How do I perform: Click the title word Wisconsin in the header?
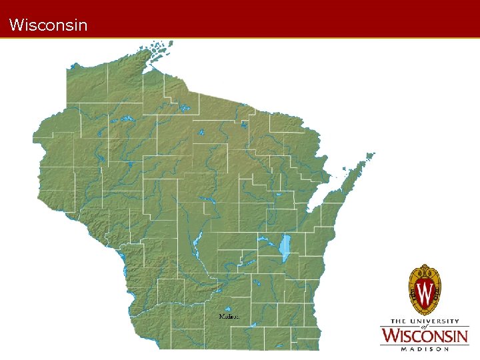click(49, 25)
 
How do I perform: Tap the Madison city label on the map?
click(229, 316)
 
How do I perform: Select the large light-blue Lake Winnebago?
click(286, 247)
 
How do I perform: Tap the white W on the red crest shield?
click(425, 291)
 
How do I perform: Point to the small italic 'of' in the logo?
click(423, 327)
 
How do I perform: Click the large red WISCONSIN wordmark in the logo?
click(424, 336)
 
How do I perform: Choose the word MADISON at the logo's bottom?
click(424, 348)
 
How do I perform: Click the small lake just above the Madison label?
click(228, 309)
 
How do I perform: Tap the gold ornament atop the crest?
click(425, 268)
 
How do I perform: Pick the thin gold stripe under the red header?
click(240, 38)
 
